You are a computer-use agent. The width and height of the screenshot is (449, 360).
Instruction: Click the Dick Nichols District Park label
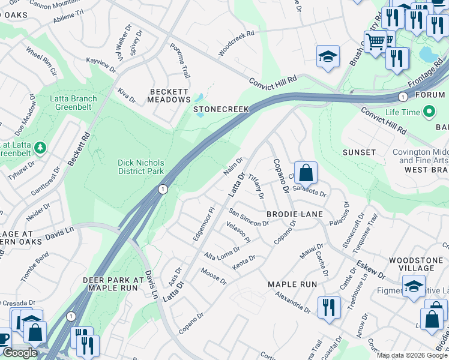140,167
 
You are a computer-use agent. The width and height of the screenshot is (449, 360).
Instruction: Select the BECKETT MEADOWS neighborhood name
170,95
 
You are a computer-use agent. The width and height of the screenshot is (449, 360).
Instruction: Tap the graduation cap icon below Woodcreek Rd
328,57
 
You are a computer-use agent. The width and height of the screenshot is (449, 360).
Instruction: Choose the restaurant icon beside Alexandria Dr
328,307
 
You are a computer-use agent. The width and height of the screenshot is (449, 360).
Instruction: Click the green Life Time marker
429,112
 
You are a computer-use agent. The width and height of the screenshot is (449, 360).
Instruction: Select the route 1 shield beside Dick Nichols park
162,189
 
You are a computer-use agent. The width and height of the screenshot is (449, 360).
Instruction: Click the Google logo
20,353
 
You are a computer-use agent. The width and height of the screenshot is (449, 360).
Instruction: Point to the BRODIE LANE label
295,214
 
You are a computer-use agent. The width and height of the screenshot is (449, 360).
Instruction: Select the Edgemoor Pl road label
203,225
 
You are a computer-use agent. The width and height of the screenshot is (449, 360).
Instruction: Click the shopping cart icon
376,41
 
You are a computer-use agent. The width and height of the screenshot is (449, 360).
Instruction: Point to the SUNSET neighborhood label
359,153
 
